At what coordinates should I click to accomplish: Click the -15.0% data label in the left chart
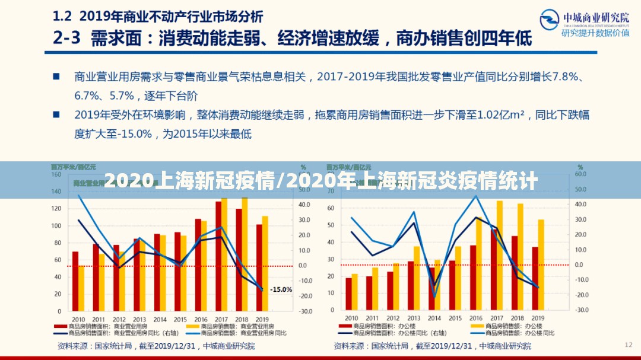(x=281, y=289)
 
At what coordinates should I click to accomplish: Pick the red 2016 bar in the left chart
(x=198, y=265)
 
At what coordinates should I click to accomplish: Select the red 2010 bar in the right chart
(x=348, y=294)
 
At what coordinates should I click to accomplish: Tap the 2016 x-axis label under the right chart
(x=473, y=318)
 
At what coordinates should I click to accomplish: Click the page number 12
(x=629, y=344)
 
